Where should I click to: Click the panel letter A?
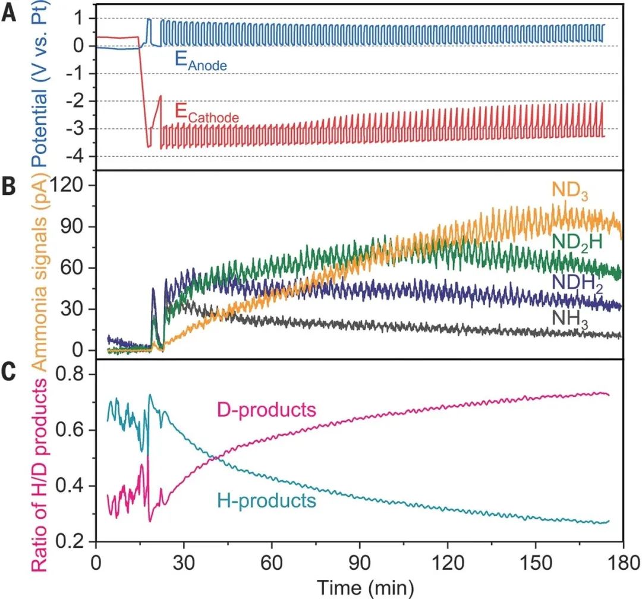point(10,12)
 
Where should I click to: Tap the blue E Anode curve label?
point(200,62)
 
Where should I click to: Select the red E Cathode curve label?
point(206,114)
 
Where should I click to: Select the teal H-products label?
point(266,500)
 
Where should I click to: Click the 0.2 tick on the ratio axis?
point(72,542)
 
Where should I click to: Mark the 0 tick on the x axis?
point(95,561)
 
